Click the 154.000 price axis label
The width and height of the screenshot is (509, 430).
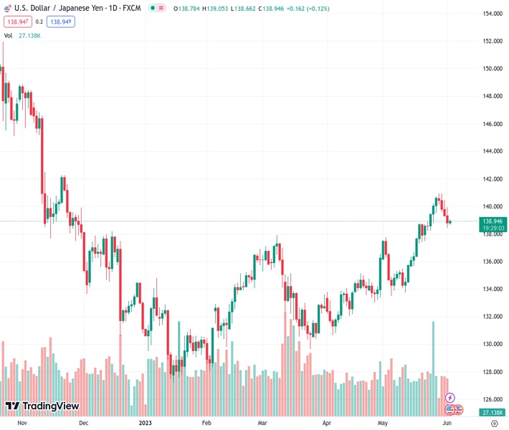point(492,14)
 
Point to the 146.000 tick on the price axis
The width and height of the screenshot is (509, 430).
point(492,124)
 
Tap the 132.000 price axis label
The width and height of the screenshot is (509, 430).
point(492,317)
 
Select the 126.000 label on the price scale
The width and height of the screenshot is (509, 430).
point(492,399)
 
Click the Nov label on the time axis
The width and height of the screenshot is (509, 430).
point(22,424)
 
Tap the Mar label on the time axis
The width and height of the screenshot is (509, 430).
point(263,424)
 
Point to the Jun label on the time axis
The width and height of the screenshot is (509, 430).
point(446,424)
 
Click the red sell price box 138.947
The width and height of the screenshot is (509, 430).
point(16,21)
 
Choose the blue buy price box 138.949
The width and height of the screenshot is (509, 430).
point(60,21)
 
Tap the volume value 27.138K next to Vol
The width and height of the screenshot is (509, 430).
point(29,35)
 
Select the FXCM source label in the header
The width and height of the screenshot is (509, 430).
point(132,8)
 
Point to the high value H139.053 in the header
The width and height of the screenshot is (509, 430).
point(211,8)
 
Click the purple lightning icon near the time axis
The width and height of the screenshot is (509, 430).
point(450,397)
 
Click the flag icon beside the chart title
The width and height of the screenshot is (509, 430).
point(6,8)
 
